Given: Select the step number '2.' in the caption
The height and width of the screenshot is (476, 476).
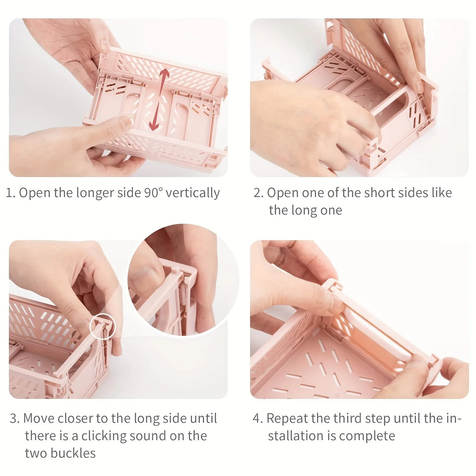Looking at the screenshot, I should (x=258, y=193).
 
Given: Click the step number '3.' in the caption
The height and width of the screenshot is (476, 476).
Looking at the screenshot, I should (x=14, y=418).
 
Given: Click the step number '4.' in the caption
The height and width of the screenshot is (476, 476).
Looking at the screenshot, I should (x=258, y=418).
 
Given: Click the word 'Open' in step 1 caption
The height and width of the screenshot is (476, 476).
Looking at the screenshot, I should (x=35, y=193).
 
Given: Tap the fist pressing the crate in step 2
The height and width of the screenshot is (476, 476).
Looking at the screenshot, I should (x=307, y=126).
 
